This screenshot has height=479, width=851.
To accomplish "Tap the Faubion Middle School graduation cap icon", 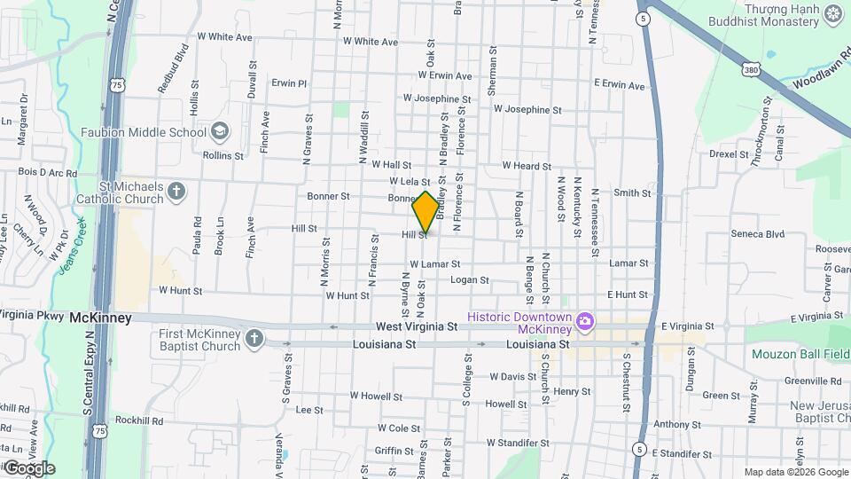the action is pos(219,133).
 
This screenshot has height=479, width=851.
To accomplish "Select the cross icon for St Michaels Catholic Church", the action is pos(176,192).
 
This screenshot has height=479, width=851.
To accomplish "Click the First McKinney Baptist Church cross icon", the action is pos(254,339).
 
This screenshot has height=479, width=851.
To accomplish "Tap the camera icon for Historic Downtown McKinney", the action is pos(584,321).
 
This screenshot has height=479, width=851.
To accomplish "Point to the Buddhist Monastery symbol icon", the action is pos(833,12).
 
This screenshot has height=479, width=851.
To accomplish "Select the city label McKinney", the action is pos(101,318).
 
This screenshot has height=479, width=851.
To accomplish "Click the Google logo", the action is pos(29,467).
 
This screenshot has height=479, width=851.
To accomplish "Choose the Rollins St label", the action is pos(223,155).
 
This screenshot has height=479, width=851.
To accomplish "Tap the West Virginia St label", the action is pos(416,327).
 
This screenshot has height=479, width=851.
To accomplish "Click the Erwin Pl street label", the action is pos(289,83).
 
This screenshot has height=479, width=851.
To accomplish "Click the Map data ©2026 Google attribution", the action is pos(794,472).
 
